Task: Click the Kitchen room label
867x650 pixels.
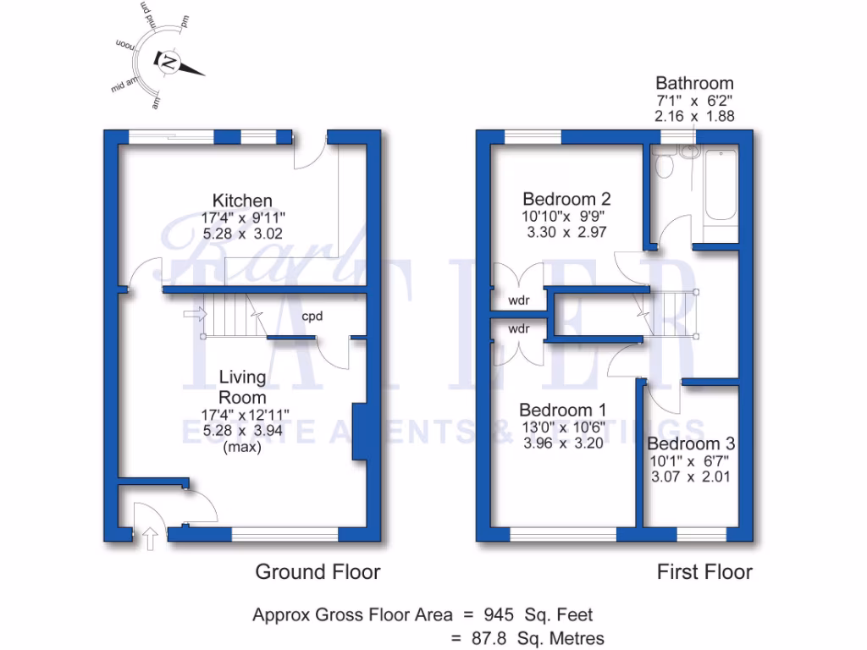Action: click(x=242, y=201)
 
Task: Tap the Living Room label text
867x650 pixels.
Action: click(x=242, y=387)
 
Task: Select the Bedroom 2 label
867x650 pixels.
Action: click(x=566, y=199)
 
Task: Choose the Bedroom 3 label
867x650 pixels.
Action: click(x=691, y=443)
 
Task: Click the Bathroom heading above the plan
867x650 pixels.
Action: click(x=694, y=83)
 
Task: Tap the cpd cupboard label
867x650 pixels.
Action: click(x=313, y=317)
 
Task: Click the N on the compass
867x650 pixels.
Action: click(x=169, y=63)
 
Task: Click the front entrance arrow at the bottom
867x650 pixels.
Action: click(x=150, y=537)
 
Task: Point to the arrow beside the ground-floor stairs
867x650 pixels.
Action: click(x=194, y=315)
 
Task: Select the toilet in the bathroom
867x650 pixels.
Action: click(x=665, y=166)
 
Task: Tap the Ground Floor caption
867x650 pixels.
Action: click(x=318, y=572)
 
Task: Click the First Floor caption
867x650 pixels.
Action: click(x=704, y=572)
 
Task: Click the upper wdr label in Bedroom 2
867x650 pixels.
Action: click(x=519, y=300)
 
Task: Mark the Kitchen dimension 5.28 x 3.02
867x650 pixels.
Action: click(x=242, y=234)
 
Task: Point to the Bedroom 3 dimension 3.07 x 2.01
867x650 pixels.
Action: click(x=691, y=476)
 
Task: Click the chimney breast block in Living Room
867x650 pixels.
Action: click(x=359, y=432)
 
